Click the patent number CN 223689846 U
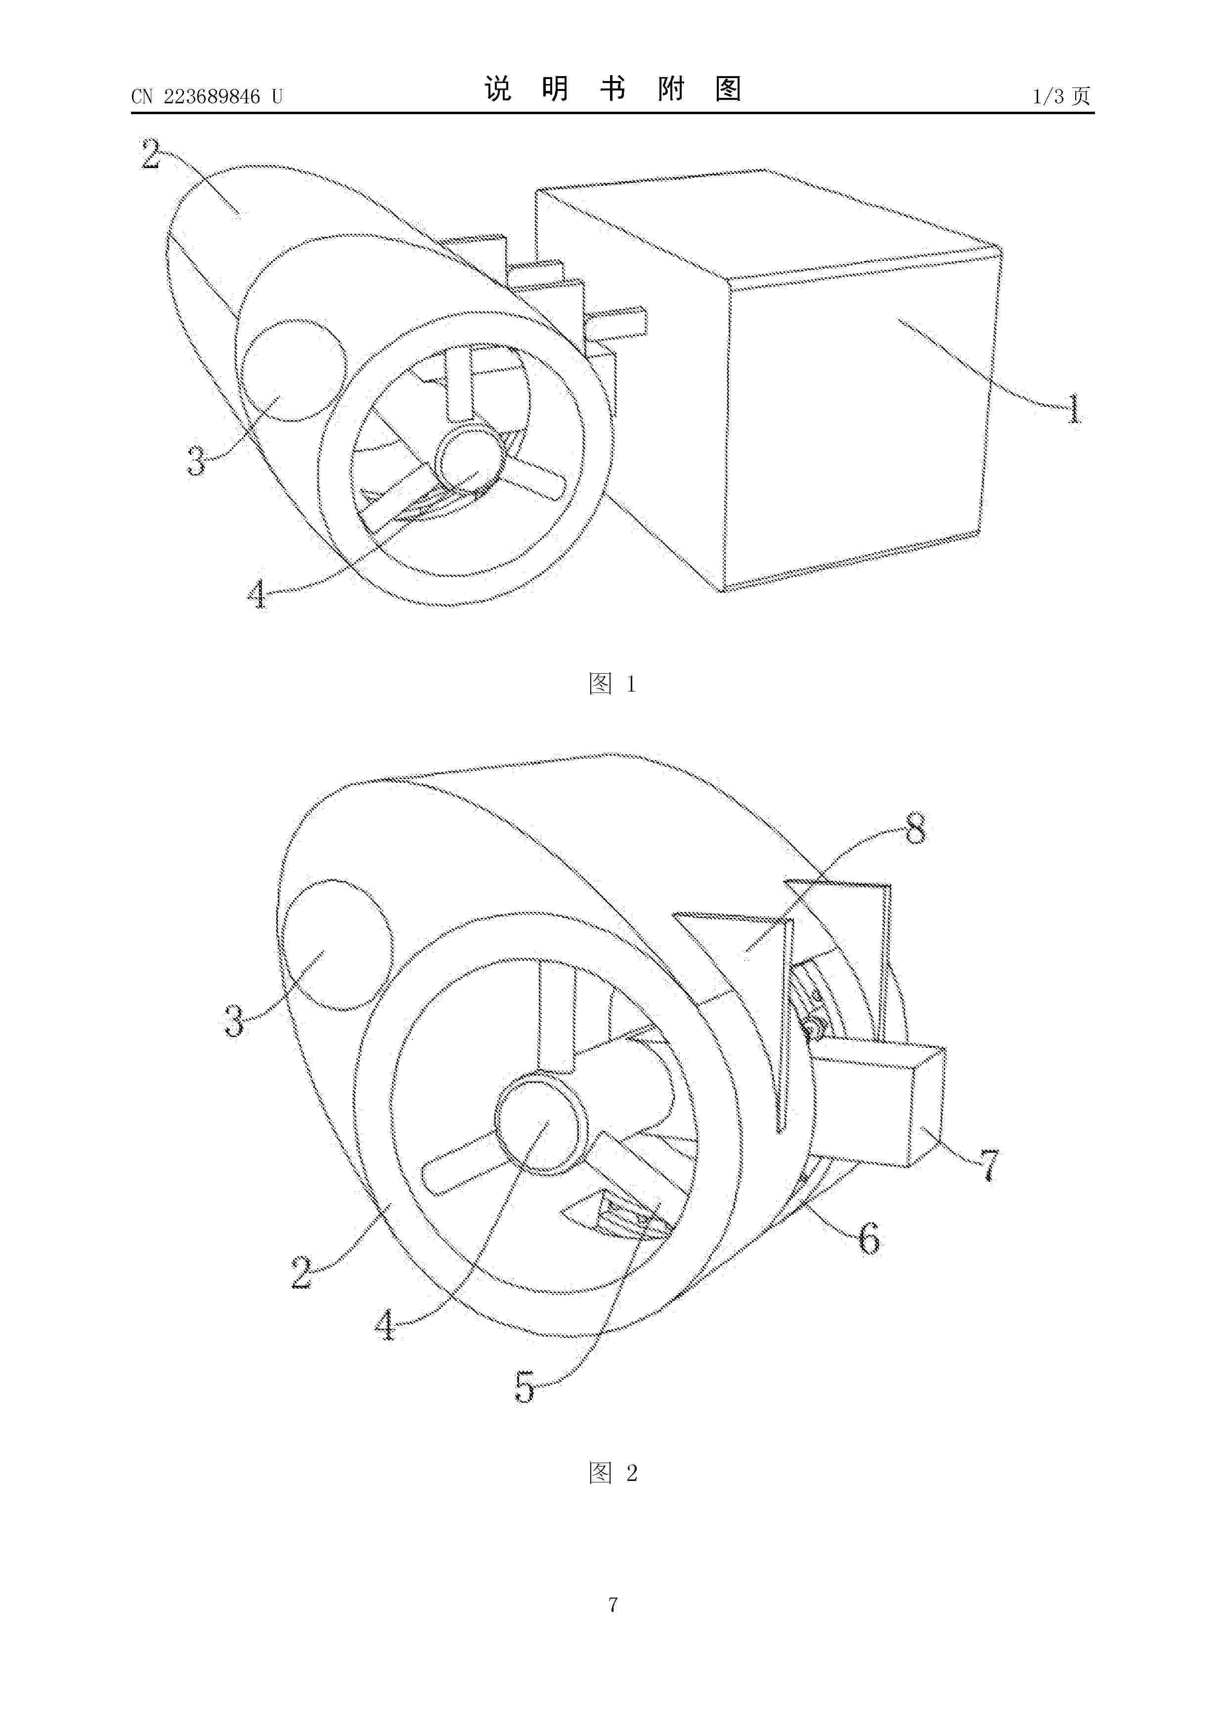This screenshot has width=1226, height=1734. click(x=206, y=96)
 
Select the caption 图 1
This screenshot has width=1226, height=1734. click(x=612, y=684)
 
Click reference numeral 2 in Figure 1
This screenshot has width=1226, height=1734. click(x=150, y=154)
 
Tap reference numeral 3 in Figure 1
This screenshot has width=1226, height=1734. click(x=196, y=461)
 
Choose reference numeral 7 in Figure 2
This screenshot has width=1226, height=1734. click(x=989, y=1165)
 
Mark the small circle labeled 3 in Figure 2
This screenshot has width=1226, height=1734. click(x=337, y=945)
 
